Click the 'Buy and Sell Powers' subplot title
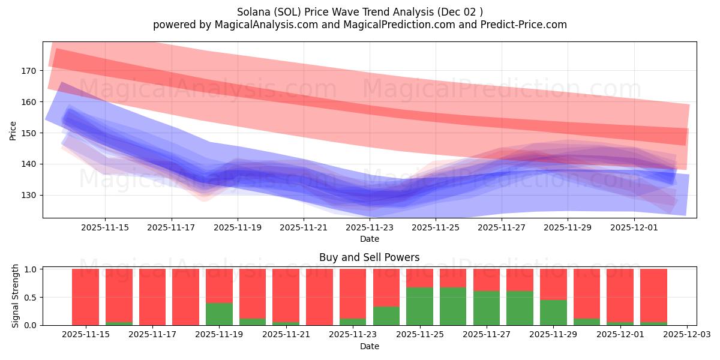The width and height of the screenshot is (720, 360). [369, 257]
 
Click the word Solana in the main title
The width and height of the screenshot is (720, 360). [254, 11]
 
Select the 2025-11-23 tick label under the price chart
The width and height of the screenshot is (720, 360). [370, 227]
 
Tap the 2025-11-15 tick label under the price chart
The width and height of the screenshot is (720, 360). [105, 227]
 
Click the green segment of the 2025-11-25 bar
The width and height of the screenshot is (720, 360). [419, 306]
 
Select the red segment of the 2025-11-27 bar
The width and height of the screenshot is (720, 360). [486, 280]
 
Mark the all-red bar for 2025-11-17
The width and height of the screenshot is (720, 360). [152, 297]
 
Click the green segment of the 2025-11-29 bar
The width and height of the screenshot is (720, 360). [553, 312]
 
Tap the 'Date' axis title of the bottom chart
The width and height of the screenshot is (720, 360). [369, 346]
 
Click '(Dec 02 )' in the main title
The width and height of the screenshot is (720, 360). [461, 11]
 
